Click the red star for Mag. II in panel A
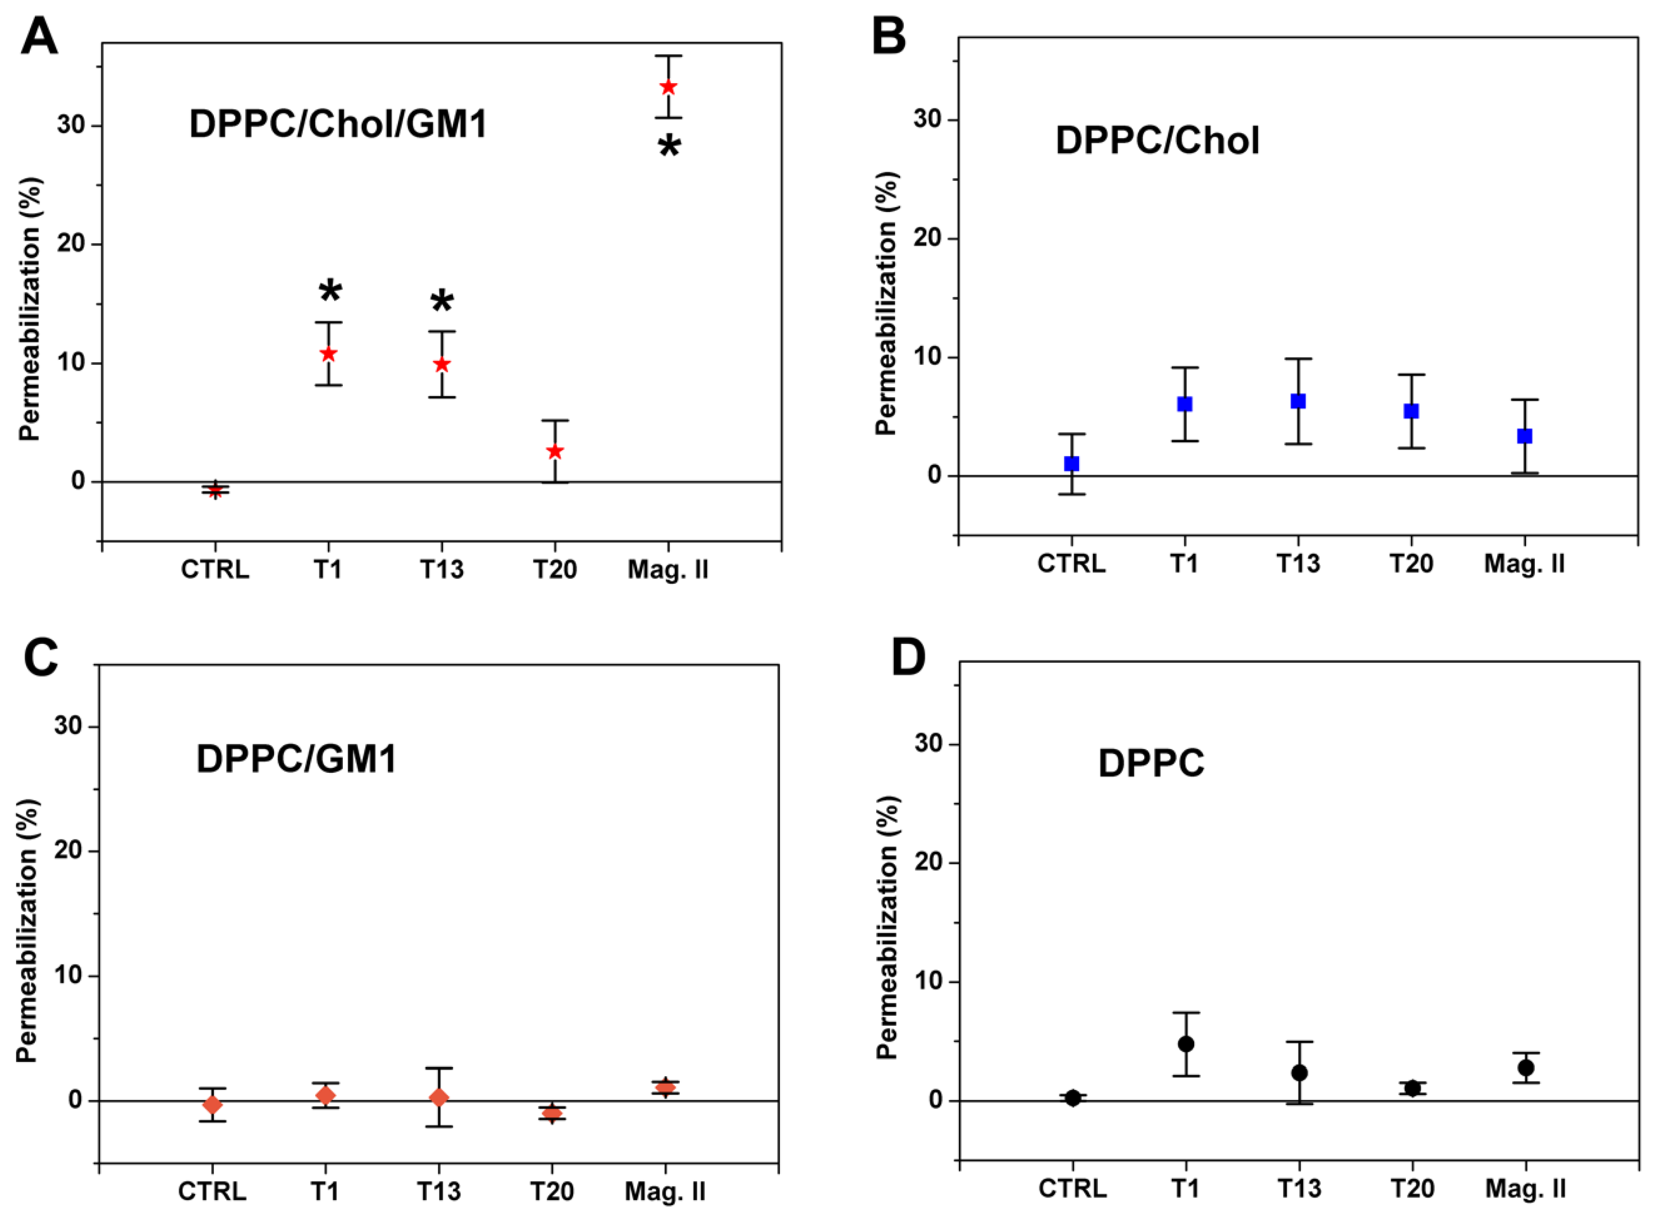tap(668, 87)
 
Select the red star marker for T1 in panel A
tap(328, 354)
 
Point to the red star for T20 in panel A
tap(555, 451)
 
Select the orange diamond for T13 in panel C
tap(439, 1098)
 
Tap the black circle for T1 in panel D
tap(1186, 1044)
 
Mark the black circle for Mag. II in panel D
tap(1526, 1067)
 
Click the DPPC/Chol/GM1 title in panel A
tap(338, 124)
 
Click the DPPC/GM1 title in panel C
tap(297, 758)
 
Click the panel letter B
tap(889, 37)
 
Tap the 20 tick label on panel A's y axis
tap(71, 244)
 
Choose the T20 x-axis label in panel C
tap(552, 1191)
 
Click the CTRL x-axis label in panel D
tap(1073, 1189)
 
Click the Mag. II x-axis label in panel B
tap(1524, 564)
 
